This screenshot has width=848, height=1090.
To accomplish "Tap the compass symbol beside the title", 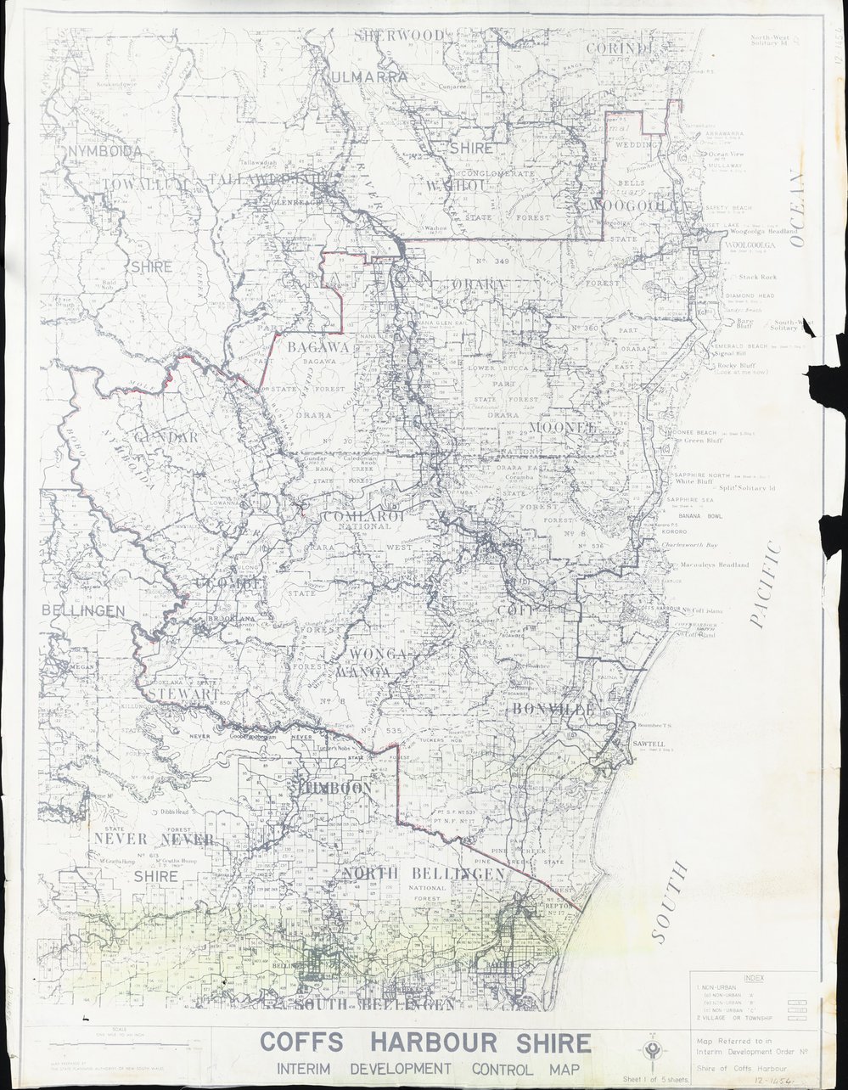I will [x=652, y=1049].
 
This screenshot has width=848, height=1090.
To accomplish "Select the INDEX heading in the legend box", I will [x=752, y=979].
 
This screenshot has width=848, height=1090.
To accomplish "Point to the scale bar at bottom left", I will [x=106, y=1043].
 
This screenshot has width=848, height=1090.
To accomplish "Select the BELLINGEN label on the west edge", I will [x=83, y=610].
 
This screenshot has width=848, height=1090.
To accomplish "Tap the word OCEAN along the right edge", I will [x=795, y=209].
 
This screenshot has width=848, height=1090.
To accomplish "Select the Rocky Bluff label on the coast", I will [x=736, y=366].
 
